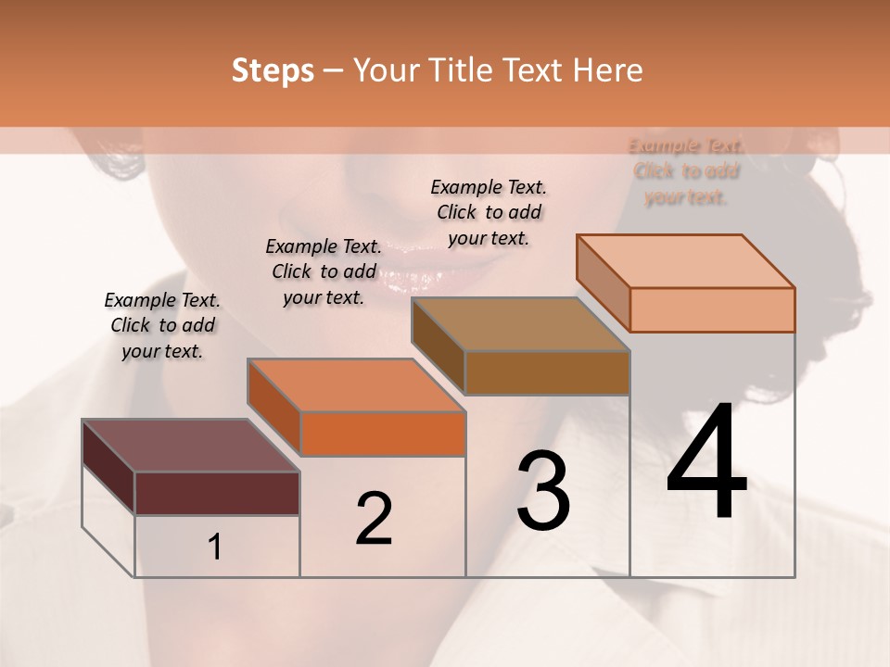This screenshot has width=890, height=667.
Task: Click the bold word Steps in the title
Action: [x=273, y=70]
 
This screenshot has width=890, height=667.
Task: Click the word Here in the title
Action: [x=607, y=70]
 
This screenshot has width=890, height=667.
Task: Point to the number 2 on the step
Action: [x=374, y=519]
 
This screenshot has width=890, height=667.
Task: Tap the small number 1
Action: [x=215, y=547]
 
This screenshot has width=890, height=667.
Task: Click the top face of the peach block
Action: [x=686, y=261]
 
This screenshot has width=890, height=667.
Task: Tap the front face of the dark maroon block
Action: [x=217, y=493]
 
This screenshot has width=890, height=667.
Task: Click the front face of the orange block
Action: [x=383, y=434]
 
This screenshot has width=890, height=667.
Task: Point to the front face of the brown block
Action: [x=547, y=372]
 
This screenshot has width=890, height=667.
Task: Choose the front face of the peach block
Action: [x=712, y=309]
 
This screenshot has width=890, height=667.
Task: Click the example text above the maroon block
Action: [x=162, y=325]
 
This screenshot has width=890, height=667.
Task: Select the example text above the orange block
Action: [x=324, y=271]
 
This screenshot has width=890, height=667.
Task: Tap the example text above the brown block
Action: [x=489, y=212]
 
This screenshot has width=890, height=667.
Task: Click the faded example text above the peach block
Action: [x=686, y=171]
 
